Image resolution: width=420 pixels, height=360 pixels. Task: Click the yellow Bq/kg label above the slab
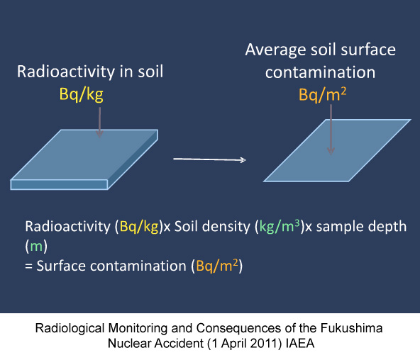pyautogui.click(x=81, y=95)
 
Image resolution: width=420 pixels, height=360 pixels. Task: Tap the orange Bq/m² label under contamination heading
pyautogui.click(x=323, y=95)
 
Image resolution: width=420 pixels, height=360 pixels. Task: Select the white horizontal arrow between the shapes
pyautogui.click(x=209, y=159)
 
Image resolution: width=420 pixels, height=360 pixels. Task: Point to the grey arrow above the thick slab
pyautogui.click(x=99, y=122)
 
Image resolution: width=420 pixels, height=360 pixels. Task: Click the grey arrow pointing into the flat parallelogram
pyautogui.click(x=331, y=130)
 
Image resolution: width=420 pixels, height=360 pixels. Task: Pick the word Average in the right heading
pyautogui.click(x=275, y=50)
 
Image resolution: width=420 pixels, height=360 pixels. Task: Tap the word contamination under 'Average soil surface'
pyautogui.click(x=321, y=72)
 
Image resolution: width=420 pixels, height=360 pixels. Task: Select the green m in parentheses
pyautogui.click(x=36, y=246)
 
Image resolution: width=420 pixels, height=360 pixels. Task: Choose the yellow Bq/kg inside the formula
pyautogui.click(x=139, y=227)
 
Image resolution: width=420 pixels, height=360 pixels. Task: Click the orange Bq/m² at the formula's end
pyautogui.click(x=217, y=266)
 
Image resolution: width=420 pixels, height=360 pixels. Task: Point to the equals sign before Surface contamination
pyautogui.click(x=28, y=266)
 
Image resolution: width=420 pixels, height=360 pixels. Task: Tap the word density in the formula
pyautogui.click(x=226, y=227)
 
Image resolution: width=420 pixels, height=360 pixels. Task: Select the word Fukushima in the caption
pyautogui.click(x=351, y=328)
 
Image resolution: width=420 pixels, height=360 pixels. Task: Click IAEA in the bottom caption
pyautogui.click(x=300, y=343)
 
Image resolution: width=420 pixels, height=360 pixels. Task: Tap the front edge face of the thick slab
pyautogui.click(x=59, y=184)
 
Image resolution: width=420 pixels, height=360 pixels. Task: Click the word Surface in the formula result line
pyautogui.click(x=61, y=266)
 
